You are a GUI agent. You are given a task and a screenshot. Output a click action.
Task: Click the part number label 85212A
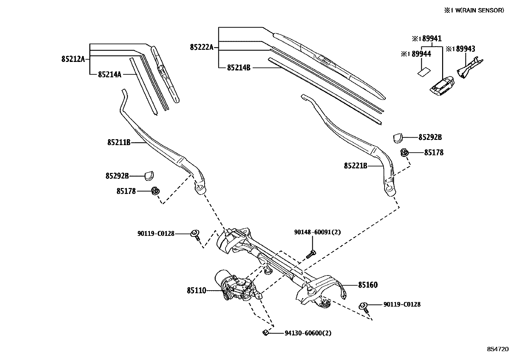tap(73, 59)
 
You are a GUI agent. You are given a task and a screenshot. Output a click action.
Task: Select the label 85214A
tap(110, 75)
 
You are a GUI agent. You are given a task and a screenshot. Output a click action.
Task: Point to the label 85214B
tap(239, 68)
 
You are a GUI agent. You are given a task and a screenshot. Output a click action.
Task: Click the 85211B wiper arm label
tap(119, 142)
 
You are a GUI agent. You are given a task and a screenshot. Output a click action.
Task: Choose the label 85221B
tap(355, 166)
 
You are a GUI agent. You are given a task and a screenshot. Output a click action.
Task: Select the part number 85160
tap(368, 285)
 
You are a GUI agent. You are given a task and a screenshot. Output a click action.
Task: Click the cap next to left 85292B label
tap(150, 176)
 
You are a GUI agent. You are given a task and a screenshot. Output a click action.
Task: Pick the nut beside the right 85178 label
tap(404, 152)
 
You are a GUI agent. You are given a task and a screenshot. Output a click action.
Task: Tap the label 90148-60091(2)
tap(317, 232)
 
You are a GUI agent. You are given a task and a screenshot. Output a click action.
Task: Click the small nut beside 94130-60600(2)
tap(265, 333)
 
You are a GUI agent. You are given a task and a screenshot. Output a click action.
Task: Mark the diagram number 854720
tap(498, 349)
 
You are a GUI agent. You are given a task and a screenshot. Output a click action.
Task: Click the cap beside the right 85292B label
tap(397, 138)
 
